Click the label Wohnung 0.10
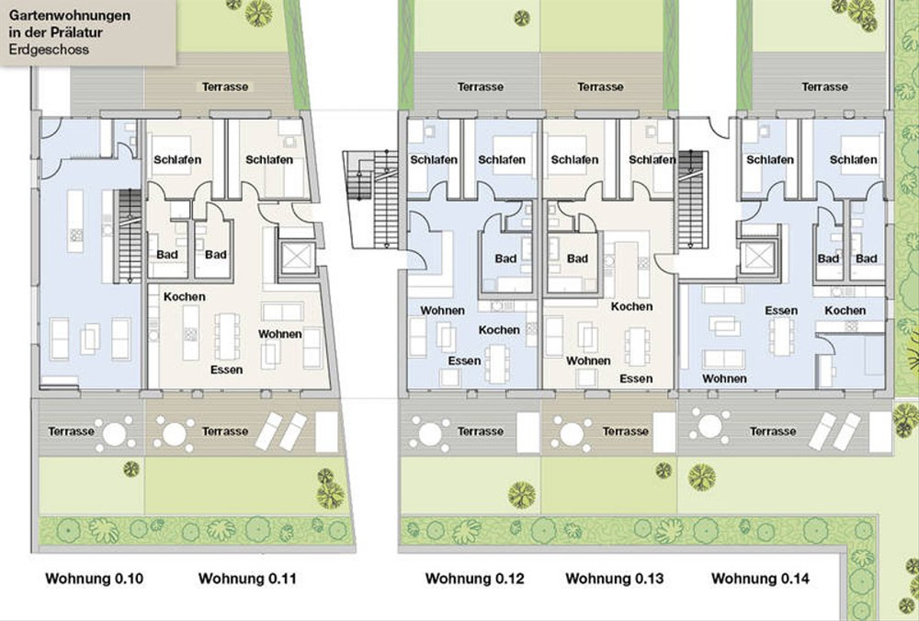tap(94, 579)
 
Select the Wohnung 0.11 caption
tap(247, 579)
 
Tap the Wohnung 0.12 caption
tap(475, 579)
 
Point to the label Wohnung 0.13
tap(614, 579)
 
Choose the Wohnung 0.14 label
tap(760, 579)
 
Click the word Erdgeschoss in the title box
tap(49, 50)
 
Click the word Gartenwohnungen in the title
tap(70, 15)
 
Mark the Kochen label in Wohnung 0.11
tap(185, 297)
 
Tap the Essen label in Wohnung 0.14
tap(781, 310)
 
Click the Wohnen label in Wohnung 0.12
tap(443, 310)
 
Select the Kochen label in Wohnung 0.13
tap(631, 307)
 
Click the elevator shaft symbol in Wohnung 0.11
tap(296, 258)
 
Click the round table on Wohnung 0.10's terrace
tap(114, 435)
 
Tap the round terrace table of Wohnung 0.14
tap(710, 427)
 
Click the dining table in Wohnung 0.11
tap(227, 337)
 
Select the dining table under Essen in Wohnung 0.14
tap(781, 337)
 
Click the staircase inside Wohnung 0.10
tap(129, 236)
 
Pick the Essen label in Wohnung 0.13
tap(636, 378)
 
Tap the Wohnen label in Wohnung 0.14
tap(724, 378)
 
